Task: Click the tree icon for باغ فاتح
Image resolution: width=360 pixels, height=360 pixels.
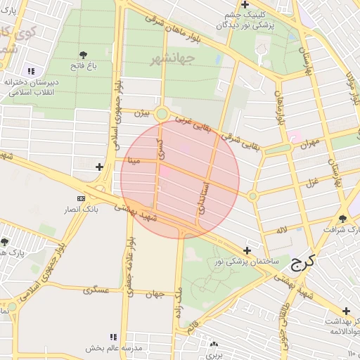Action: coord(84,54)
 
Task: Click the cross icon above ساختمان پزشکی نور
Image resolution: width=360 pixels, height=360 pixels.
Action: coord(247,250)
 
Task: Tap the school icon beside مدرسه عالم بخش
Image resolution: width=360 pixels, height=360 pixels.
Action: coord(114,337)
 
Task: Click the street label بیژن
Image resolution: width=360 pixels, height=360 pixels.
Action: coord(141,112)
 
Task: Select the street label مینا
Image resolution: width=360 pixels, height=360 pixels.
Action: coord(134,160)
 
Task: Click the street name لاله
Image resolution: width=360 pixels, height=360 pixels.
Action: coord(281,230)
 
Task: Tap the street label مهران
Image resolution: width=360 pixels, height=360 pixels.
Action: coord(309,143)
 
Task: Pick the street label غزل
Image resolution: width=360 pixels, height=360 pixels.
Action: coord(310,182)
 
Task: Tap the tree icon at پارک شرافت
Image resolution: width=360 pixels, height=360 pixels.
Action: coord(342,219)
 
